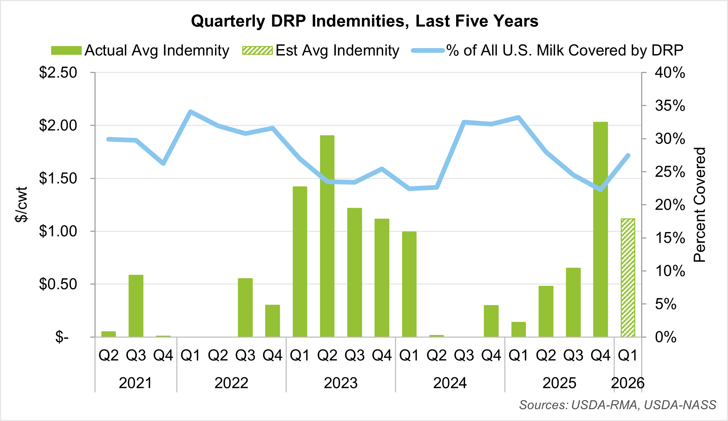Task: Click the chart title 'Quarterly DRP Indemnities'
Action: [364, 21]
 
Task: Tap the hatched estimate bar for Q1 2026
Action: [628, 278]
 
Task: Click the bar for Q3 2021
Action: [136, 306]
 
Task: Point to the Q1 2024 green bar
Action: [409, 284]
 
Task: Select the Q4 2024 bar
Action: [491, 321]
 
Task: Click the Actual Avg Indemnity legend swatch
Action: [66, 50]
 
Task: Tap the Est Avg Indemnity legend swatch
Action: [257, 50]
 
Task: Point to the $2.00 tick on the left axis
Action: [58, 125]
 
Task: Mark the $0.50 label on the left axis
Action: [58, 284]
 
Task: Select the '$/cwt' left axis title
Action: [21, 204]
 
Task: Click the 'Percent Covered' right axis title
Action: [700, 204]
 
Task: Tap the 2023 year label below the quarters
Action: [340, 383]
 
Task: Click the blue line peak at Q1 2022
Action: [190, 111]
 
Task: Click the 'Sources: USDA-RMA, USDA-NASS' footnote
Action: [618, 405]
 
